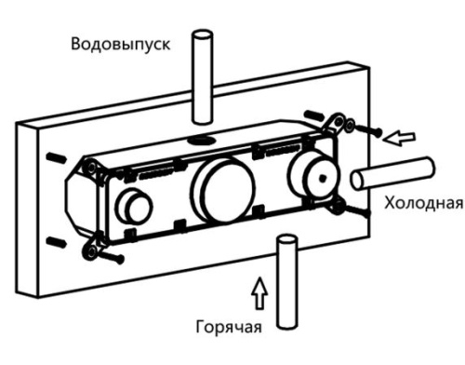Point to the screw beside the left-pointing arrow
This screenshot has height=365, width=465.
[x=371, y=132]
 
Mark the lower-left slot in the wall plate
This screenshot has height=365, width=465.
[x=58, y=242]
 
